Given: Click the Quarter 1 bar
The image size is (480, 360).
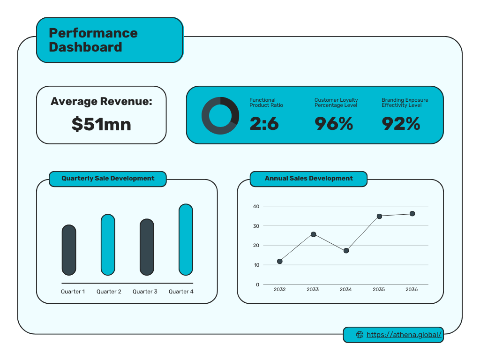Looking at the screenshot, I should [69, 250].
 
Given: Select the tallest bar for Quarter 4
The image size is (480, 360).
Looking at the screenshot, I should [186, 240].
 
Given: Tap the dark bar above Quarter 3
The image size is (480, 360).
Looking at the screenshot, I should [147, 247].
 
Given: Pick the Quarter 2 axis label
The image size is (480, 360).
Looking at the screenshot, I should [109, 292].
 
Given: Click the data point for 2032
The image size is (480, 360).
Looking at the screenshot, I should [280, 261].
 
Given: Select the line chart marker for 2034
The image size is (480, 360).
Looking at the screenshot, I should [346, 251].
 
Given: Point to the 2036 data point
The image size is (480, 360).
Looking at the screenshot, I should [412, 214].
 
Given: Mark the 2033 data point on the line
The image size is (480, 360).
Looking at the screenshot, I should [313, 234].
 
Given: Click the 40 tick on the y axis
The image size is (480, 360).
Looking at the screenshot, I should [256, 206].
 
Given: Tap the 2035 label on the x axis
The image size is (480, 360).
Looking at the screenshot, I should [379, 290].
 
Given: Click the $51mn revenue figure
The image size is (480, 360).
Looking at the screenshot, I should [101, 124].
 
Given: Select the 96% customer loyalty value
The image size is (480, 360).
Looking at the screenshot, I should [333, 123].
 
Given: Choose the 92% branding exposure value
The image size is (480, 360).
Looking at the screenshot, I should [401, 123].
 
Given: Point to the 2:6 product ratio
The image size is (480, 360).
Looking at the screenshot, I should [264, 123].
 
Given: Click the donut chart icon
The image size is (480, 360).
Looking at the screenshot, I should [220, 116].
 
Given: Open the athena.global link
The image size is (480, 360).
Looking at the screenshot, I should [404, 335].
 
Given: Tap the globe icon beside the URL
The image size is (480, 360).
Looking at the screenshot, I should [360, 335].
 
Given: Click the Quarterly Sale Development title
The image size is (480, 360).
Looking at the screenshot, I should [108, 179].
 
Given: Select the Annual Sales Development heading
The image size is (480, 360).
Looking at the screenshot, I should [308, 179].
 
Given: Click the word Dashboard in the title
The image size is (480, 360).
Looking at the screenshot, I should [85, 47].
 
